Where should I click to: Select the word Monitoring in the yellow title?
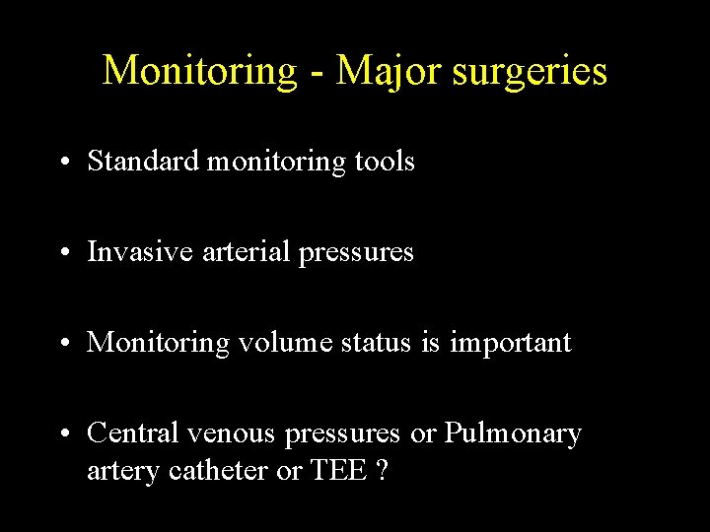[198, 71]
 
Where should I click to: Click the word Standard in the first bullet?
[143, 162]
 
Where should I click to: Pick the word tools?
[386, 162]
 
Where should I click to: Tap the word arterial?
[236, 252]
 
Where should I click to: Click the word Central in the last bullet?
[133, 433]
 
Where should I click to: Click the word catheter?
[215, 471]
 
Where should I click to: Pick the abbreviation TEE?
[338, 471]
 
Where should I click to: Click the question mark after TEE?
[382, 471]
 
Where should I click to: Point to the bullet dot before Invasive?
[63, 253]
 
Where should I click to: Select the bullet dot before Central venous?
[63, 434]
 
